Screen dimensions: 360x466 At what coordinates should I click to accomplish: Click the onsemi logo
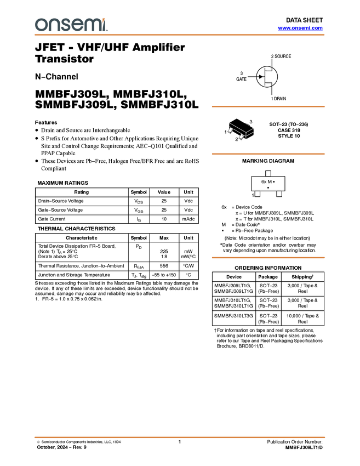point(71,25)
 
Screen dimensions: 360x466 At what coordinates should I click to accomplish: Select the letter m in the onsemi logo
point(92,25)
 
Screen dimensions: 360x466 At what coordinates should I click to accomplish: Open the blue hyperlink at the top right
point(300,28)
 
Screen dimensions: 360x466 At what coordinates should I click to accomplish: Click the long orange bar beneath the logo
point(180,35)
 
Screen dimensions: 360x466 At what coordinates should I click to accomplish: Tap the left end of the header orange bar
point(36,35)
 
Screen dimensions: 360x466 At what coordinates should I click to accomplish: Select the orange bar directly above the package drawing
point(268,106)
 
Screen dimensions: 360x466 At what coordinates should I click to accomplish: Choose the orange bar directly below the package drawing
point(268,154)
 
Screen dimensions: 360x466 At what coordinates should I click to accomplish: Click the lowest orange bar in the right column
point(268,257)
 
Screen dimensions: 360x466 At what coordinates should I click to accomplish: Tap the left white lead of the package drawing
point(230,130)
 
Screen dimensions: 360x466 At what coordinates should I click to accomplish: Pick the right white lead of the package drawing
point(241,136)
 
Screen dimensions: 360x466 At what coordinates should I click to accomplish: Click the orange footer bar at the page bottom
point(180,437)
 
